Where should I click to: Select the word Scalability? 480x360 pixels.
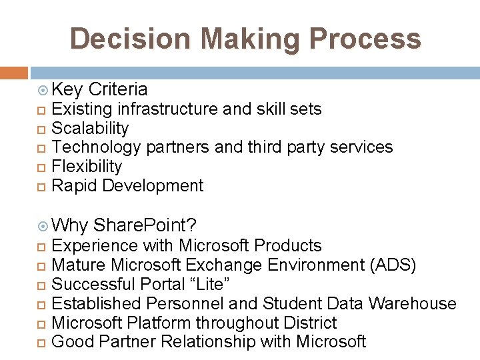(x=90, y=128)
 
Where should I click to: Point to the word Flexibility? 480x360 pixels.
(x=87, y=166)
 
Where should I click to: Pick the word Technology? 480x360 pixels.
(x=96, y=147)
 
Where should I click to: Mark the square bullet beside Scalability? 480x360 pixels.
(x=43, y=129)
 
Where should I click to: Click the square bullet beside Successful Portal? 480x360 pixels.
(x=43, y=285)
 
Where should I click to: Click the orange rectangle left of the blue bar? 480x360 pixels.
(x=14, y=73)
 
